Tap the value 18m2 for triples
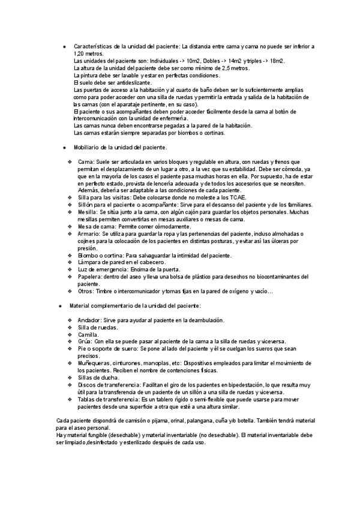[x=277, y=61]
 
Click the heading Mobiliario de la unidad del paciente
[x=121, y=147]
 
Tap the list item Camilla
[x=88, y=334]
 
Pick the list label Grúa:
[x=85, y=341]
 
